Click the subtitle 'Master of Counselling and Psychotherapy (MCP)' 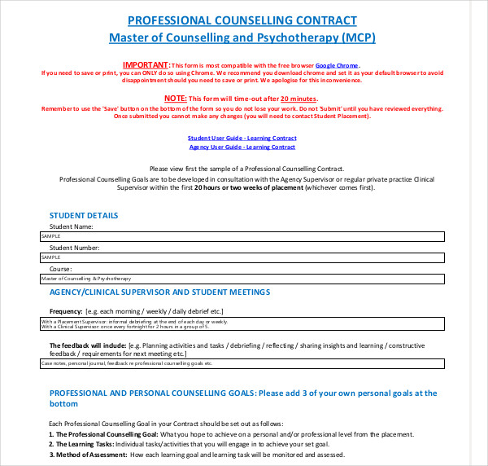[242, 37]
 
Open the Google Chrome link [337, 65]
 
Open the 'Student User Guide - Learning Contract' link [242, 138]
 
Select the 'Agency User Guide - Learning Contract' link [242, 147]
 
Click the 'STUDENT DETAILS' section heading [84, 216]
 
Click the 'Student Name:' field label [72, 226]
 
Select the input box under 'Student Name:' [242, 236]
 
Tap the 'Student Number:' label [74, 247]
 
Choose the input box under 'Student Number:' [242, 257]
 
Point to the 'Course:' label [60, 268]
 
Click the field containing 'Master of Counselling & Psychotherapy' [242, 279]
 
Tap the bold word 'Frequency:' [66, 311]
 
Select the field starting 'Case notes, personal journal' [242, 364]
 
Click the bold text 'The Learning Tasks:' [81, 444]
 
